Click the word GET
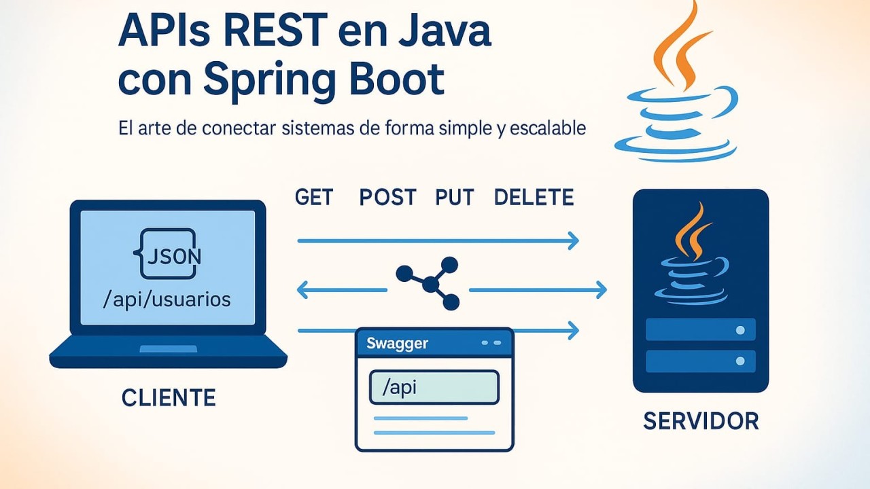pos(314,197)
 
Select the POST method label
pos(387,197)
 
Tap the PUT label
pos(455,197)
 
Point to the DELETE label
pos(534,197)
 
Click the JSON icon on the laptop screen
pos(167,253)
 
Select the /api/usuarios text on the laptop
pos(167,300)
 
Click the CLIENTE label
pos(169,398)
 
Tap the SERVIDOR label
pos(701,421)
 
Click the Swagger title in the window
pos(397,343)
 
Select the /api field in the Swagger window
pos(434,387)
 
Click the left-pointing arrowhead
pos(302,290)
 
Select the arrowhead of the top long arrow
pos(573,240)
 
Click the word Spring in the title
pos(268,80)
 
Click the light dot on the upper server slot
pos(740,330)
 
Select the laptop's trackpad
pos(168,348)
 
